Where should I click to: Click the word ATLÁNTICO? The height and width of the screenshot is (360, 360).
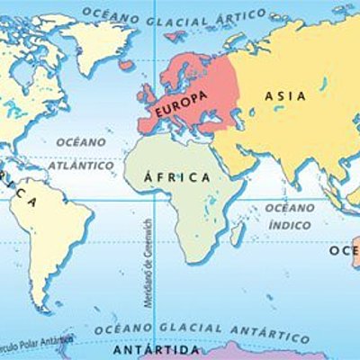82,166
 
